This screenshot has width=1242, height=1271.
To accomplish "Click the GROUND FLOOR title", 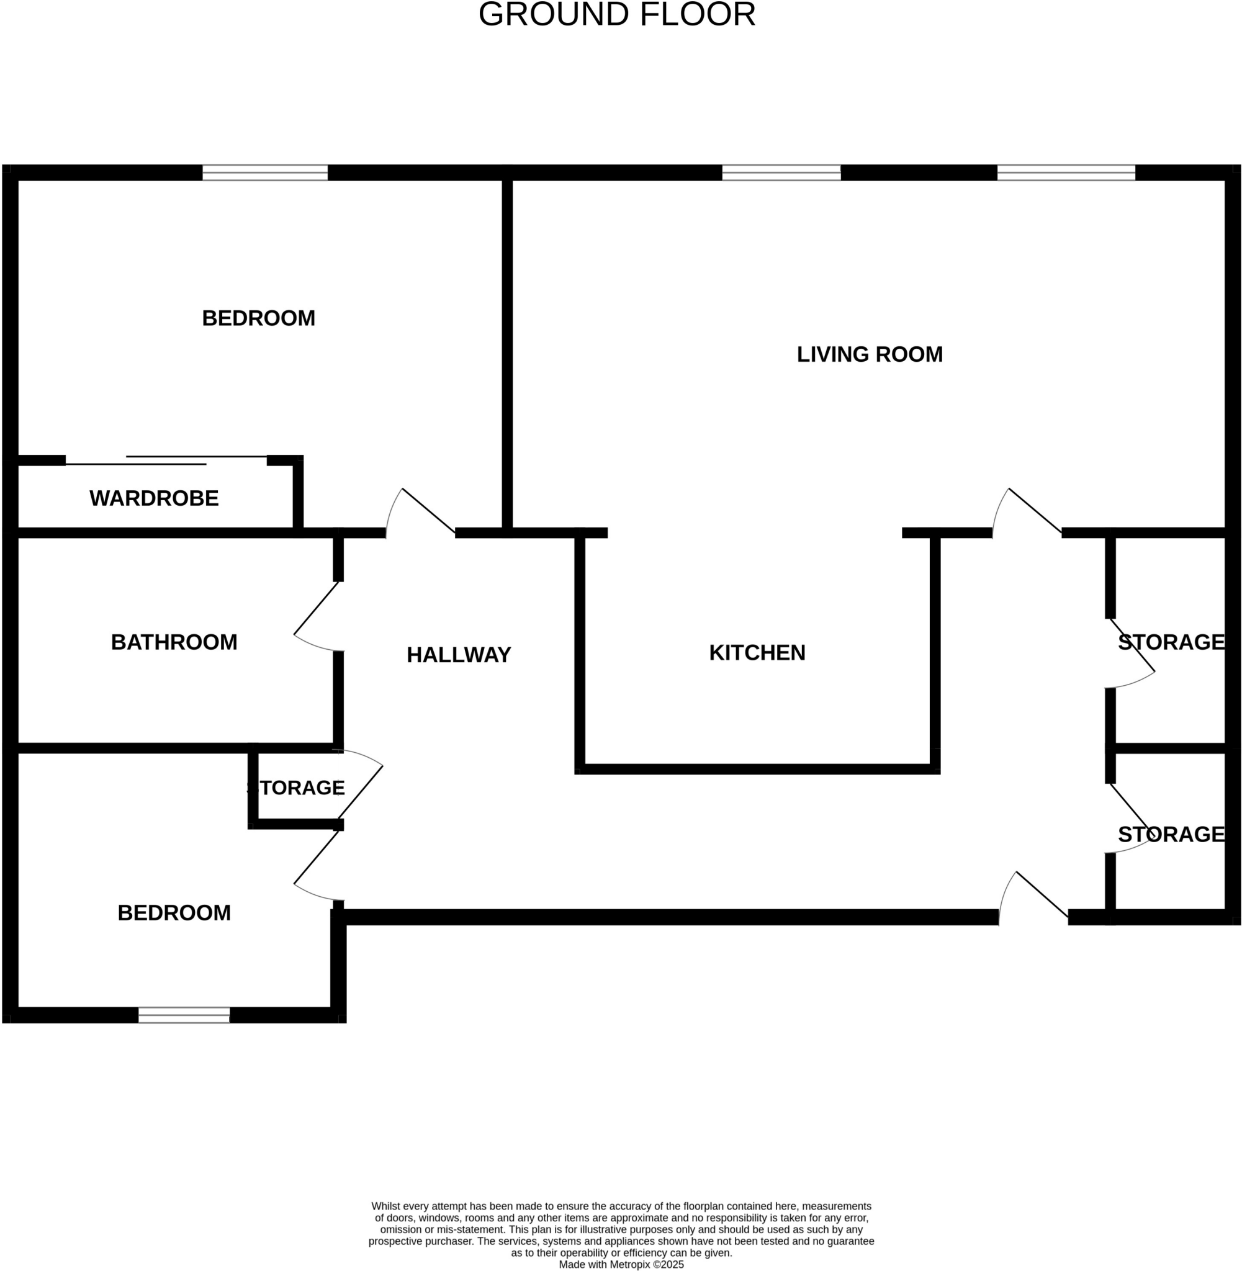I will (616, 14).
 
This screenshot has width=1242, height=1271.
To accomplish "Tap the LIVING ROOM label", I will (870, 355).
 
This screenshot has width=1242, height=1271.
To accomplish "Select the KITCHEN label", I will (757, 653).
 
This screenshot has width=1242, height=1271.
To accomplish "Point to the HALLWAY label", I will (459, 655).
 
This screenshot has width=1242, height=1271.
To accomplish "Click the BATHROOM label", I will (174, 642).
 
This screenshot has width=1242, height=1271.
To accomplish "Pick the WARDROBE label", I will (154, 498).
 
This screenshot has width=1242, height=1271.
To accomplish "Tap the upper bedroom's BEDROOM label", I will (258, 318).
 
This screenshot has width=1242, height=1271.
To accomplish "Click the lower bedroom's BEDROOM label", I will (174, 913).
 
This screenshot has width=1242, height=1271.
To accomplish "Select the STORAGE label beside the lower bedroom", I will (297, 788).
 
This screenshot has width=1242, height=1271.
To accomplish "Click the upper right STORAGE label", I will (1171, 642).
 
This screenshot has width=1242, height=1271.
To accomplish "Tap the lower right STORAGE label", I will (1171, 834).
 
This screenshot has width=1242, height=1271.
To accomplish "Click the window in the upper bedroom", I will (265, 173).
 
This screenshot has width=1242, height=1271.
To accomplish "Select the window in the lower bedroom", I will (184, 1015).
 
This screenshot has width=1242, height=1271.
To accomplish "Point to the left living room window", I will (781, 173).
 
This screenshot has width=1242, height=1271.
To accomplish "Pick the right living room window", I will (1066, 173).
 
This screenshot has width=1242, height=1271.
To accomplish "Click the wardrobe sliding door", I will (166, 460).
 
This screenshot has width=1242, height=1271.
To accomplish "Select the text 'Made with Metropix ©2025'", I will (621, 1264).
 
